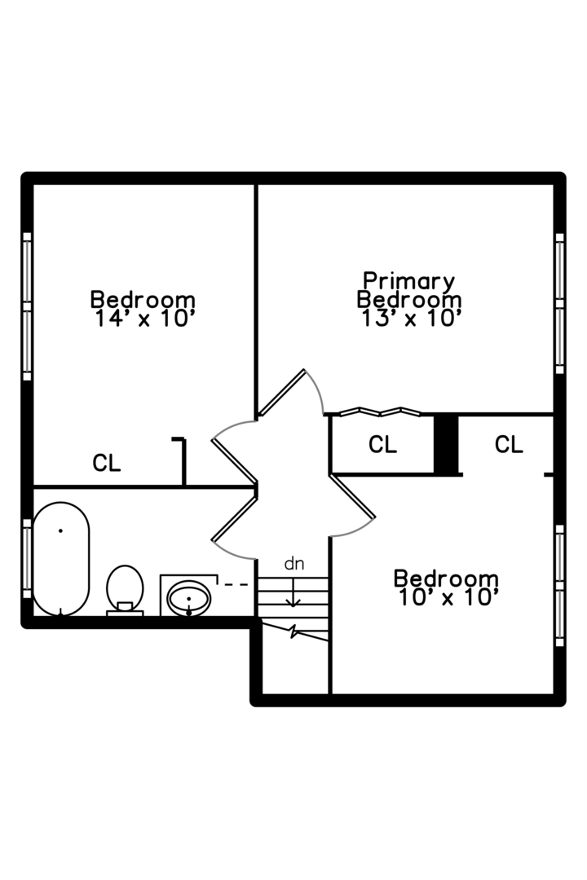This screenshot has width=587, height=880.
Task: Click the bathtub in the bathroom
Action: [x=61, y=559]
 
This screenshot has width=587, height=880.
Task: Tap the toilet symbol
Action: [x=125, y=588]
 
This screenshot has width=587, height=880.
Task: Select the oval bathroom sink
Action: [x=188, y=599]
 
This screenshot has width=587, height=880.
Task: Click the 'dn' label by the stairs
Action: [x=293, y=563]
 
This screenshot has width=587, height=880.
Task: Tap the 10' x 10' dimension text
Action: [x=446, y=597]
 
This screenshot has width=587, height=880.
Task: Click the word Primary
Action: [x=409, y=281]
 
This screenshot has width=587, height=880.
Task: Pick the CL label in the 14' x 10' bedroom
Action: [x=107, y=464]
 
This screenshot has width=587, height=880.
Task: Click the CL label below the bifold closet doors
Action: [x=382, y=445]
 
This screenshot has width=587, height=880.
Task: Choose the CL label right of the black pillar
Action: [x=509, y=445]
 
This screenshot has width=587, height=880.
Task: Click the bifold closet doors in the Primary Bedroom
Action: [x=380, y=411]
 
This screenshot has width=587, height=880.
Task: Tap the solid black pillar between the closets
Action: [x=445, y=444]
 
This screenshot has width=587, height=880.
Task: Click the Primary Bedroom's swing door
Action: [x=282, y=393]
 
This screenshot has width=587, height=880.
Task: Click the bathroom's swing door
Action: [x=235, y=518]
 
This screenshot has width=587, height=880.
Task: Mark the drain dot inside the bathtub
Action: [x=60, y=531]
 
